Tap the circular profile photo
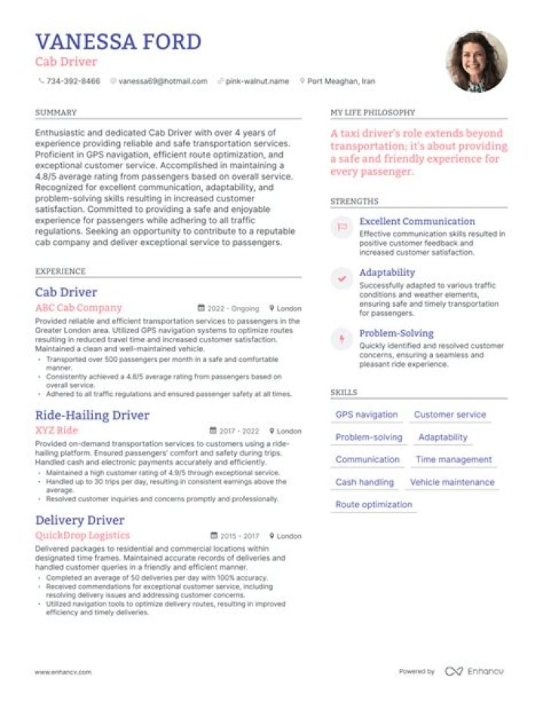tap(477, 61)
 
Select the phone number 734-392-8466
tap(72, 81)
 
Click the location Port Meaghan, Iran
tap(342, 81)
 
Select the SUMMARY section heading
tap(56, 112)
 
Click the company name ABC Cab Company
tap(78, 308)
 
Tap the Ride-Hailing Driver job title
tap(92, 415)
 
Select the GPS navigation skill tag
tap(367, 415)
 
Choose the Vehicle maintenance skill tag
tap(452, 483)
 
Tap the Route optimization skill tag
tap(374, 504)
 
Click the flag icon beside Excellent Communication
tap(342, 226)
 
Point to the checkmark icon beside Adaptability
tap(342, 278)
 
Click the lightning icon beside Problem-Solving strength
tap(342, 339)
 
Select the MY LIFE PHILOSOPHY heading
tap(373, 112)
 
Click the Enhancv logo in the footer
tap(474, 671)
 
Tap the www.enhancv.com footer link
tap(63, 672)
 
